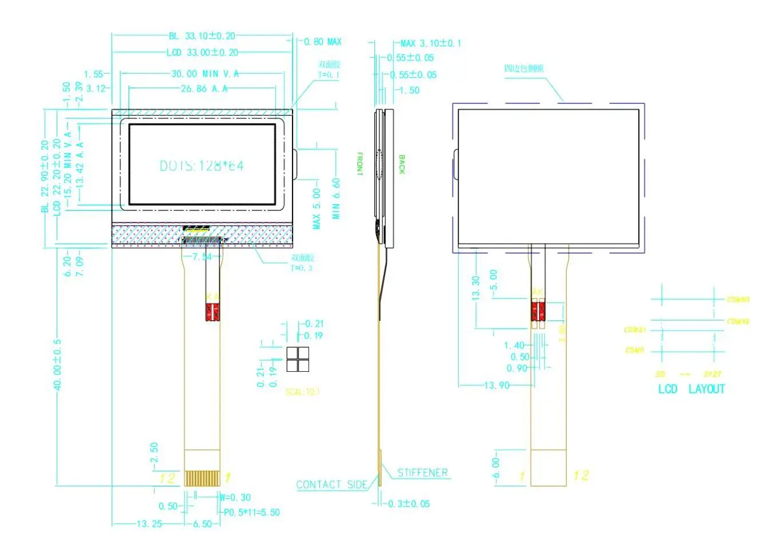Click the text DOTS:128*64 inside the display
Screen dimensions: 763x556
(201, 166)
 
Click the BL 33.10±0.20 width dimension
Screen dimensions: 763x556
(202, 36)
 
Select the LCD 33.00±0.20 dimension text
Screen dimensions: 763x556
(202, 53)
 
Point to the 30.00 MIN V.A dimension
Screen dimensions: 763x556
(205, 74)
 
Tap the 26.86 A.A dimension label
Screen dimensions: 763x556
(204, 89)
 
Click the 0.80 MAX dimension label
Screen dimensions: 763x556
(322, 42)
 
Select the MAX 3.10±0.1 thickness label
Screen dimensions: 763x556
(430, 43)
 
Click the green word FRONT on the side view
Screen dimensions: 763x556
(360, 164)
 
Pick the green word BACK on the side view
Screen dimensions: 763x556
(402, 164)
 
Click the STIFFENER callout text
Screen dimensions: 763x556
(422, 472)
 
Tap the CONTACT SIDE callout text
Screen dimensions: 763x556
(331, 485)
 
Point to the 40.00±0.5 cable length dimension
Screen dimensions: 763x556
(57, 365)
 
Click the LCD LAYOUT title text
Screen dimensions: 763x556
(691, 390)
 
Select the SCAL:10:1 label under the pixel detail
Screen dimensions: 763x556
(303, 392)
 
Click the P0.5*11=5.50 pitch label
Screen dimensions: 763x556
(252, 513)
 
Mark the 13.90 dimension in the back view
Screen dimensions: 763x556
(496, 386)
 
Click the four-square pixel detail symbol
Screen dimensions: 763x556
(298, 360)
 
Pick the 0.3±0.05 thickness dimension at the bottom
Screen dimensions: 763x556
(409, 504)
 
